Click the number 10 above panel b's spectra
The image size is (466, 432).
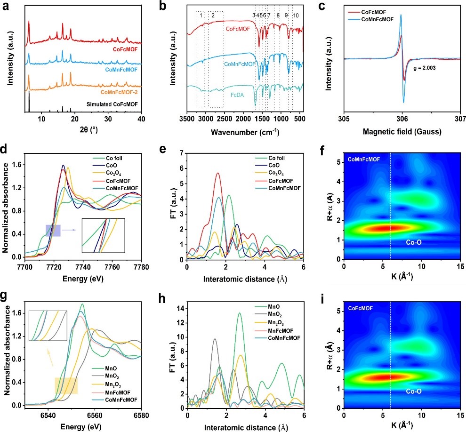pos(296,16)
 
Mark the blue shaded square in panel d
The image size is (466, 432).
pos(53,231)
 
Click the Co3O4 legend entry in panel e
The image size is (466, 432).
pos(276,174)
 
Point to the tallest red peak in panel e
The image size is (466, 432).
pos(217,173)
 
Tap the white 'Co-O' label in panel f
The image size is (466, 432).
pos(415,242)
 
